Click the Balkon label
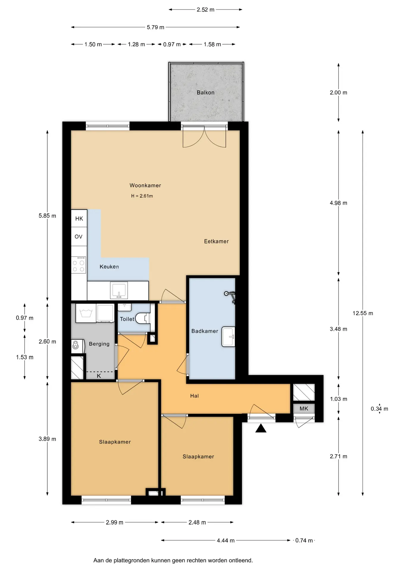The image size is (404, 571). pos(205,92)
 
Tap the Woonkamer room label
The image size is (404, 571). pos(145,185)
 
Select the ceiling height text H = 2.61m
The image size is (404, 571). pos(142,196)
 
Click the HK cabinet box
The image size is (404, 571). pos(79,219)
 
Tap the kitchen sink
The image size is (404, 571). pos(119,290)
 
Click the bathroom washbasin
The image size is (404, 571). pos(228,337)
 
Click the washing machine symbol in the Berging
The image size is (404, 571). pos(86,313)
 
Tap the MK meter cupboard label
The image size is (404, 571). pos(304,409)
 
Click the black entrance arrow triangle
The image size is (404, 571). pos(261,429)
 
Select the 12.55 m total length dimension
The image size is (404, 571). pos(363,313)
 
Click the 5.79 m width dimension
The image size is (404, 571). pos(155,27)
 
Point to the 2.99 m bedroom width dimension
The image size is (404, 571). pos(115,522)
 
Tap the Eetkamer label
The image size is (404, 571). pos(216,241)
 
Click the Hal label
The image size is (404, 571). pos(194,396)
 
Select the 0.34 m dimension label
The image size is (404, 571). pos(379,409)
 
